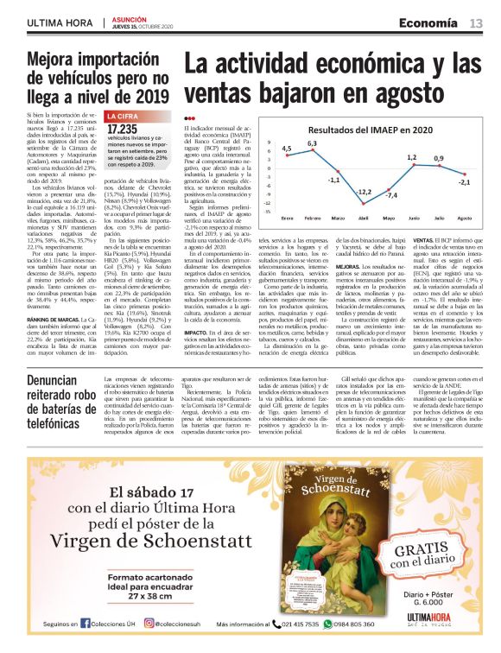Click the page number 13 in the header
(476, 22)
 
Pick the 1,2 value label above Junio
(412, 157)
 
